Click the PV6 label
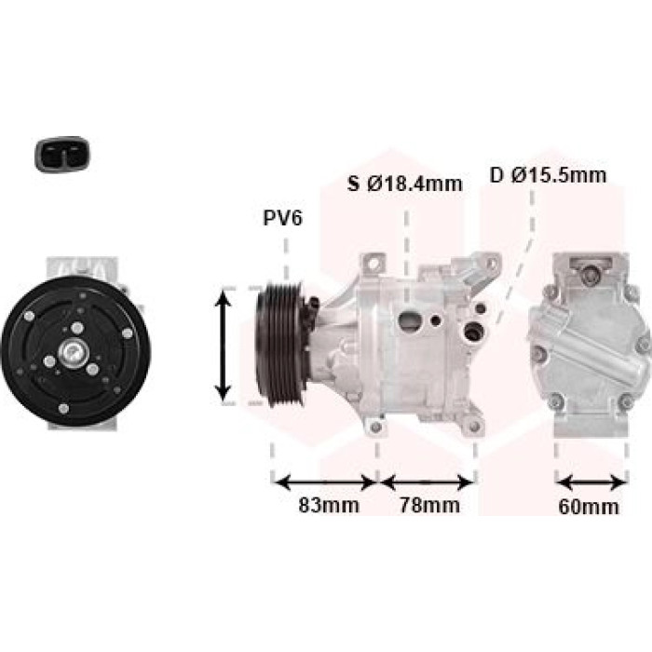point(283,218)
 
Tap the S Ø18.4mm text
point(405,183)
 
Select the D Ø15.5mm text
point(548,175)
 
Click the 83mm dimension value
point(329,505)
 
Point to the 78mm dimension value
point(429,505)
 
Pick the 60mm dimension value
point(589,507)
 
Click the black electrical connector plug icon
point(61,155)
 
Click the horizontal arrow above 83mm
point(325,482)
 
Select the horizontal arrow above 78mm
point(427,482)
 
